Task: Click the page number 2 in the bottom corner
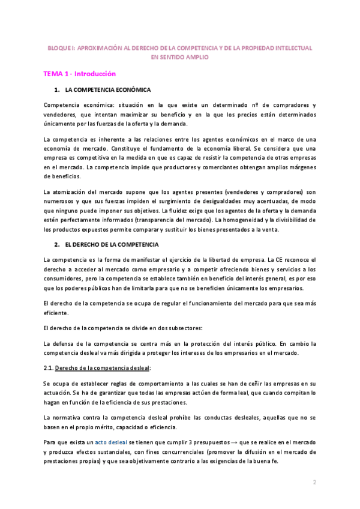coord(314,482)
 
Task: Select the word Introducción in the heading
coord(95,74)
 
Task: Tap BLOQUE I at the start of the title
coord(60,47)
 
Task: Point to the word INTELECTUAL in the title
coord(294,47)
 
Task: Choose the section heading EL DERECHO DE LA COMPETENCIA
coord(111,245)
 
